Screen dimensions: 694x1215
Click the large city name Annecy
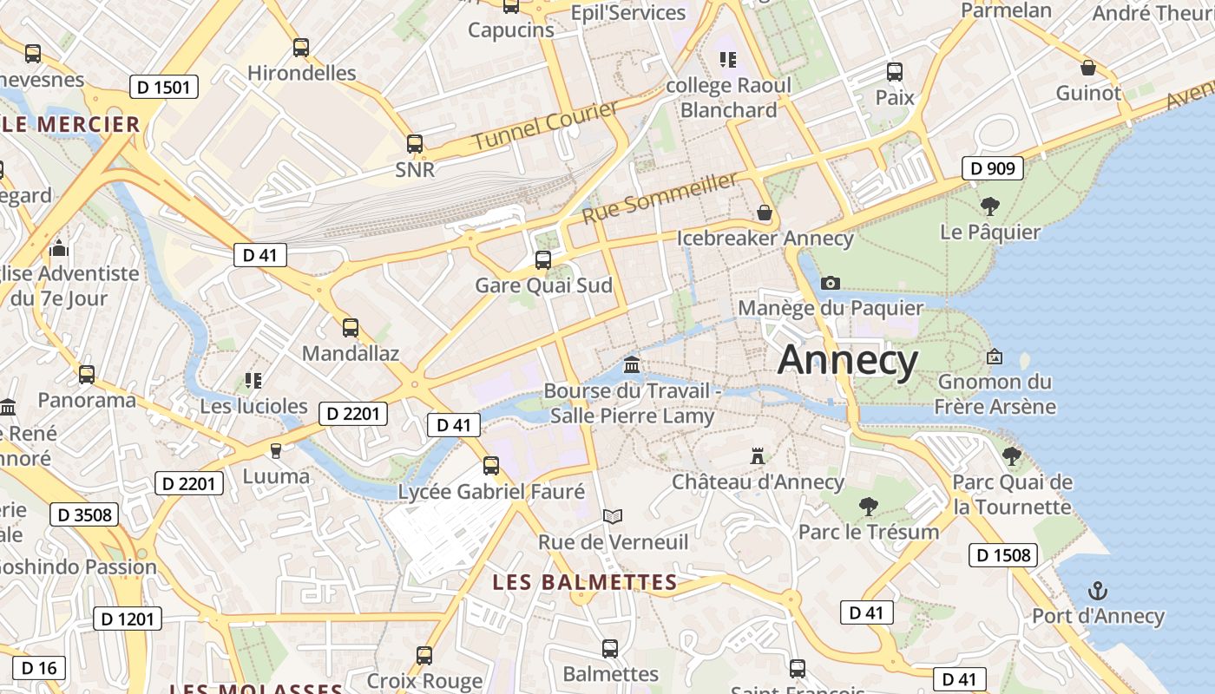pyautogui.click(x=847, y=360)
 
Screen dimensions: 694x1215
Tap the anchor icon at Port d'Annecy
pyautogui.click(x=1098, y=591)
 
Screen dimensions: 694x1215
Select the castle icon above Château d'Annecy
pyautogui.click(x=758, y=455)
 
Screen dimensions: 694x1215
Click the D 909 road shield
pyautogui.click(x=993, y=168)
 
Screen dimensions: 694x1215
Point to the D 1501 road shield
pyautogui.click(x=165, y=87)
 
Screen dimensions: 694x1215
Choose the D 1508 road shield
pyautogui.click(x=1003, y=555)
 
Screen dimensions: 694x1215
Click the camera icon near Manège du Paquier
pyautogui.click(x=831, y=283)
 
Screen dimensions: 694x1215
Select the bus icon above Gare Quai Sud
pyautogui.click(x=543, y=259)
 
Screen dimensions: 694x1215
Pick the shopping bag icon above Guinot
pyautogui.click(x=1088, y=68)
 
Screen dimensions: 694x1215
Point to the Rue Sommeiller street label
pyautogui.click(x=660, y=197)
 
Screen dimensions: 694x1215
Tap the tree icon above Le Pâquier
pyautogui.click(x=989, y=206)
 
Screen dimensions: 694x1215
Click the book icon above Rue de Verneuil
pyautogui.click(x=613, y=516)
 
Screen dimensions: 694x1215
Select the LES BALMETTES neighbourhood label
pyautogui.click(x=585, y=582)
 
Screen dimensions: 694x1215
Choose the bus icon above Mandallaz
pyautogui.click(x=351, y=328)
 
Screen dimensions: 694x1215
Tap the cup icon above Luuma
pyautogui.click(x=276, y=450)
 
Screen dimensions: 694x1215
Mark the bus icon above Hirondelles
pyautogui.click(x=301, y=48)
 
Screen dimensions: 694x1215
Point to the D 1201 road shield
pyautogui.click(x=128, y=619)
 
